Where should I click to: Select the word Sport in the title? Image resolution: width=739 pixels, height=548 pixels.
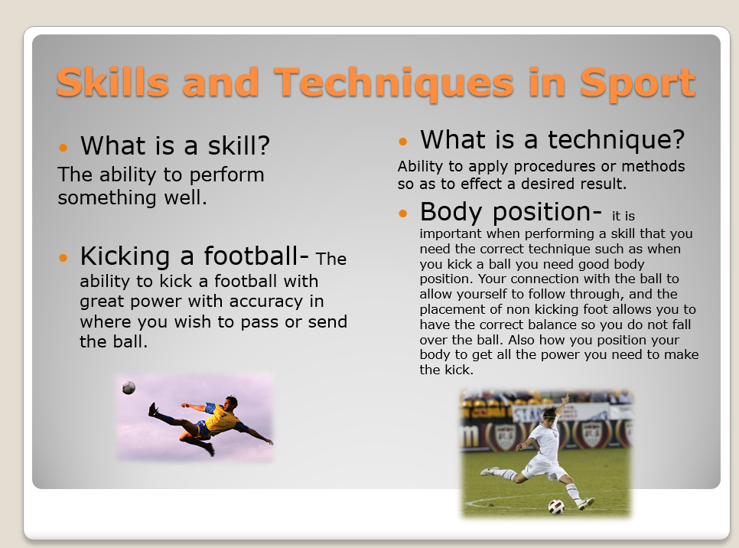pyautogui.click(x=637, y=82)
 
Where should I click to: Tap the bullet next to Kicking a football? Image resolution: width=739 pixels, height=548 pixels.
pyautogui.click(x=63, y=257)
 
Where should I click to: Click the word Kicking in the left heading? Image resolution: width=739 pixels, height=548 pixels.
pyautogui.click(x=124, y=256)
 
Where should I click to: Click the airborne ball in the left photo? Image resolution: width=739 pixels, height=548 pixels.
pyautogui.click(x=129, y=388)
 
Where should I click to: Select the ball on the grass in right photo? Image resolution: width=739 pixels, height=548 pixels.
pyautogui.click(x=556, y=507)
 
